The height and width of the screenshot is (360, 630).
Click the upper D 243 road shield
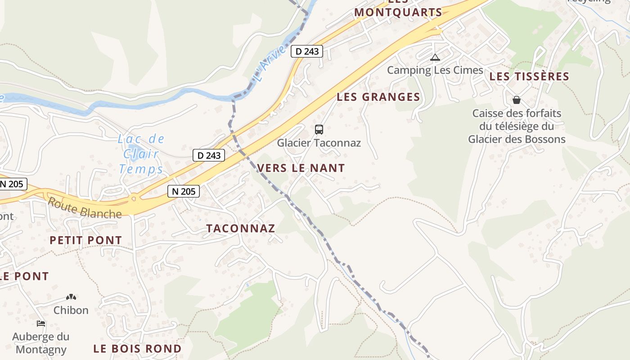(307, 51)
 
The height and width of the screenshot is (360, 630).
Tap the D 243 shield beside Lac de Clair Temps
(209, 156)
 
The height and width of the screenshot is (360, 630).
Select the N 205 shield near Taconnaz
(184, 191)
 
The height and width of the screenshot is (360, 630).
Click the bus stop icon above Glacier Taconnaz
(319, 130)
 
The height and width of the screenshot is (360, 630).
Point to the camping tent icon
(435, 58)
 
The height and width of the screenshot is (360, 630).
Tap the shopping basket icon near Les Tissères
(516, 100)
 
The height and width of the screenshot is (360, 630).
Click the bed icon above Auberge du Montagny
(41, 323)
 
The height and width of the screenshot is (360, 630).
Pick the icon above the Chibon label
(71, 297)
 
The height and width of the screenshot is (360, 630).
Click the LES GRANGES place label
(378, 97)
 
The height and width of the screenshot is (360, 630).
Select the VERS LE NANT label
(301, 168)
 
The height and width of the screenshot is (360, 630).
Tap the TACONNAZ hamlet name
(241, 228)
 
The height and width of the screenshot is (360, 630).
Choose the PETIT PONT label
(85, 240)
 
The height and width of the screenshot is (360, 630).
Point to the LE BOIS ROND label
(137, 348)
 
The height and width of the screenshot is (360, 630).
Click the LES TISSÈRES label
(529, 76)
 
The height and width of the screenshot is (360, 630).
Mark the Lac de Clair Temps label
(141, 154)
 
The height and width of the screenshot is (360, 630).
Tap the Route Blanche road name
(85, 208)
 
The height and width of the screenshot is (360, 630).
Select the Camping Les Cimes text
(435, 70)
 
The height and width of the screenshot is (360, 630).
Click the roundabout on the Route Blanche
(133, 198)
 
